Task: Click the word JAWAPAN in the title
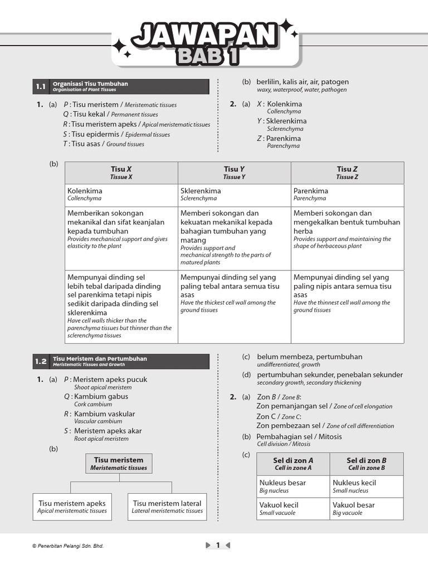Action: click(205, 36)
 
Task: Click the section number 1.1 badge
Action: click(41, 87)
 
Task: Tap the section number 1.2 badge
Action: click(41, 361)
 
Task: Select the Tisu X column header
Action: click(121, 173)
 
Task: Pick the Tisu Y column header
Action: click(234, 173)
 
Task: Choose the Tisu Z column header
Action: click(347, 173)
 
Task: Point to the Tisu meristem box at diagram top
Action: click(119, 464)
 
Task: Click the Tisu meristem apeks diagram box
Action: click(72, 507)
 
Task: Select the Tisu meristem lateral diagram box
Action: click(167, 507)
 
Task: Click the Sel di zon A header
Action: click(293, 464)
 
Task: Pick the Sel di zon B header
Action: click(367, 464)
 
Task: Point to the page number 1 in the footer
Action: click(218, 546)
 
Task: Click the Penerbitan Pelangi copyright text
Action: click(68, 546)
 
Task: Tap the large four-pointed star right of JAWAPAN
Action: click(285, 25)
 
